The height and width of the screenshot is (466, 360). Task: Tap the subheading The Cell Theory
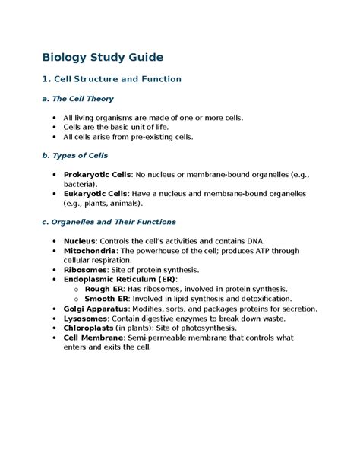pyautogui.click(x=77, y=99)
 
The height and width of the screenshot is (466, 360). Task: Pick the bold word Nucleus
pyautogui.click(x=81, y=241)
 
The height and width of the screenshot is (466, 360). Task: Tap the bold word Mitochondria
pyautogui.click(x=90, y=251)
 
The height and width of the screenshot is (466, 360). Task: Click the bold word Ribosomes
pyautogui.click(x=86, y=270)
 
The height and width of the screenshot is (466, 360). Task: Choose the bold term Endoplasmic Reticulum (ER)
pyautogui.click(x=119, y=280)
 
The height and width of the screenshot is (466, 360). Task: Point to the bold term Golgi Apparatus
pyautogui.click(x=96, y=309)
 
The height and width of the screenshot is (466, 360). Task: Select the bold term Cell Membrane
pyautogui.click(x=95, y=338)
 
